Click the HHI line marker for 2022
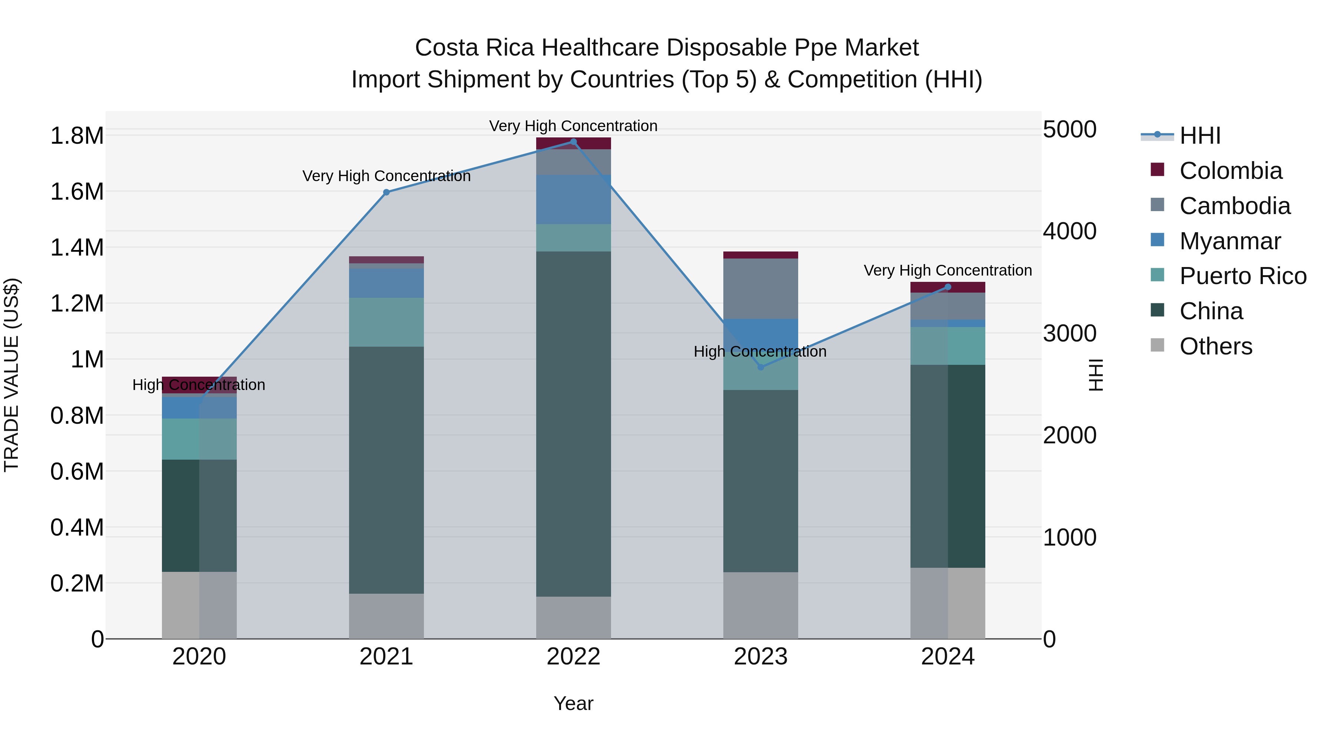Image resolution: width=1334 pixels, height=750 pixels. (573, 142)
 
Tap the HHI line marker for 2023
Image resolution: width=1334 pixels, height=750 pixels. (760, 367)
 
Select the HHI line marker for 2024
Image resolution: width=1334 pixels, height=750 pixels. (948, 287)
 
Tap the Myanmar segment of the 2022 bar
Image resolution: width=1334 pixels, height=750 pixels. (573, 199)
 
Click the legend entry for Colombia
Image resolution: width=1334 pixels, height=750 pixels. (1230, 171)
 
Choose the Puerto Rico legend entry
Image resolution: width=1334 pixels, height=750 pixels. (1242, 276)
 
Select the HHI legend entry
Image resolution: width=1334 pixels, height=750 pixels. (1199, 136)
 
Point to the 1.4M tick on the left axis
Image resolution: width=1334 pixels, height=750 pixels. (77, 247)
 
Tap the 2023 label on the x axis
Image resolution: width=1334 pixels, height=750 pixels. (760, 657)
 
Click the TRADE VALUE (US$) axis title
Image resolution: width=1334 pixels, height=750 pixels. (11, 375)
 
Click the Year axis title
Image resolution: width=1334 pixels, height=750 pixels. (573, 703)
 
